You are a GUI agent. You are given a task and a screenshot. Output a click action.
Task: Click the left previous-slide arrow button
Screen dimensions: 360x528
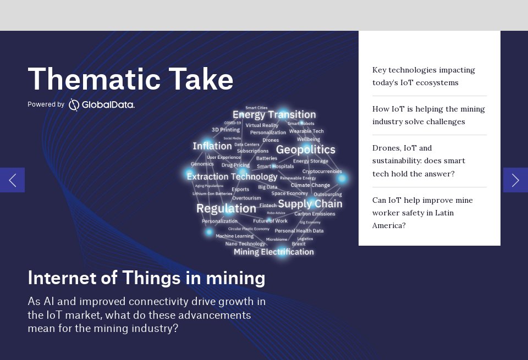point(12,180)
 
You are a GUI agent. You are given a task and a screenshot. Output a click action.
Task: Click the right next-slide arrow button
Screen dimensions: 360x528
point(515,180)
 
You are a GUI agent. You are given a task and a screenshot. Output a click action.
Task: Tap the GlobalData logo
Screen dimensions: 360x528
point(102,104)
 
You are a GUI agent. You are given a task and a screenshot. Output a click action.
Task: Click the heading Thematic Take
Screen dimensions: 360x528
point(130,79)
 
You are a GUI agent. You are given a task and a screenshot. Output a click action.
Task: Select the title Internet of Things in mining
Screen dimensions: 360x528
point(146,278)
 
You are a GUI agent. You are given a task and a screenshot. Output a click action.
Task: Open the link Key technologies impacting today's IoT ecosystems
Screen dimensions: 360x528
point(424,76)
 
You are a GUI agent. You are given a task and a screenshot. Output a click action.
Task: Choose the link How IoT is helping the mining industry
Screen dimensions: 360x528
point(428,115)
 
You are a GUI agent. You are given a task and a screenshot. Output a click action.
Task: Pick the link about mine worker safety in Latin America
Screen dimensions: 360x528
point(422,213)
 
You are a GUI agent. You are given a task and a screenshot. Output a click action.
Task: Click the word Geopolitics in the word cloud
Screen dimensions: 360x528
point(305,149)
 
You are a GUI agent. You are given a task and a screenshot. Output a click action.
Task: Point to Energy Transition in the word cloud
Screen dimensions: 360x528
point(274,115)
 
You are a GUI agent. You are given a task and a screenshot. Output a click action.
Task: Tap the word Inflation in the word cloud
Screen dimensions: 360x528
point(212,146)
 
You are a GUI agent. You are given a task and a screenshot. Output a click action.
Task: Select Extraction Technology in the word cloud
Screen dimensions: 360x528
point(232,176)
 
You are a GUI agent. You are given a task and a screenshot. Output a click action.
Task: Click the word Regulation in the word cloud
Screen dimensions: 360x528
point(226,208)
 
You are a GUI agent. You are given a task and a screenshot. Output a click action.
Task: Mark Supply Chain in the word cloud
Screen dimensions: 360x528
point(310,204)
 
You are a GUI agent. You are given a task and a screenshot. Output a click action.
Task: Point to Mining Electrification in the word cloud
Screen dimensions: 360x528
point(273,252)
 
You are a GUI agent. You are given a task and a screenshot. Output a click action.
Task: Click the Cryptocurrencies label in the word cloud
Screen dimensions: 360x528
point(322,171)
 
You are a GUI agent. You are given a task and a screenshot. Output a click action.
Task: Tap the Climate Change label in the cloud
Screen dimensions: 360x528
point(310,185)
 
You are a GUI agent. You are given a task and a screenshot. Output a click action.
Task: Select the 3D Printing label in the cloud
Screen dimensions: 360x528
point(226,130)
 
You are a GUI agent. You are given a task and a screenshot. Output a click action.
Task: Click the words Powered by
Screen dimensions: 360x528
point(46,104)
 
